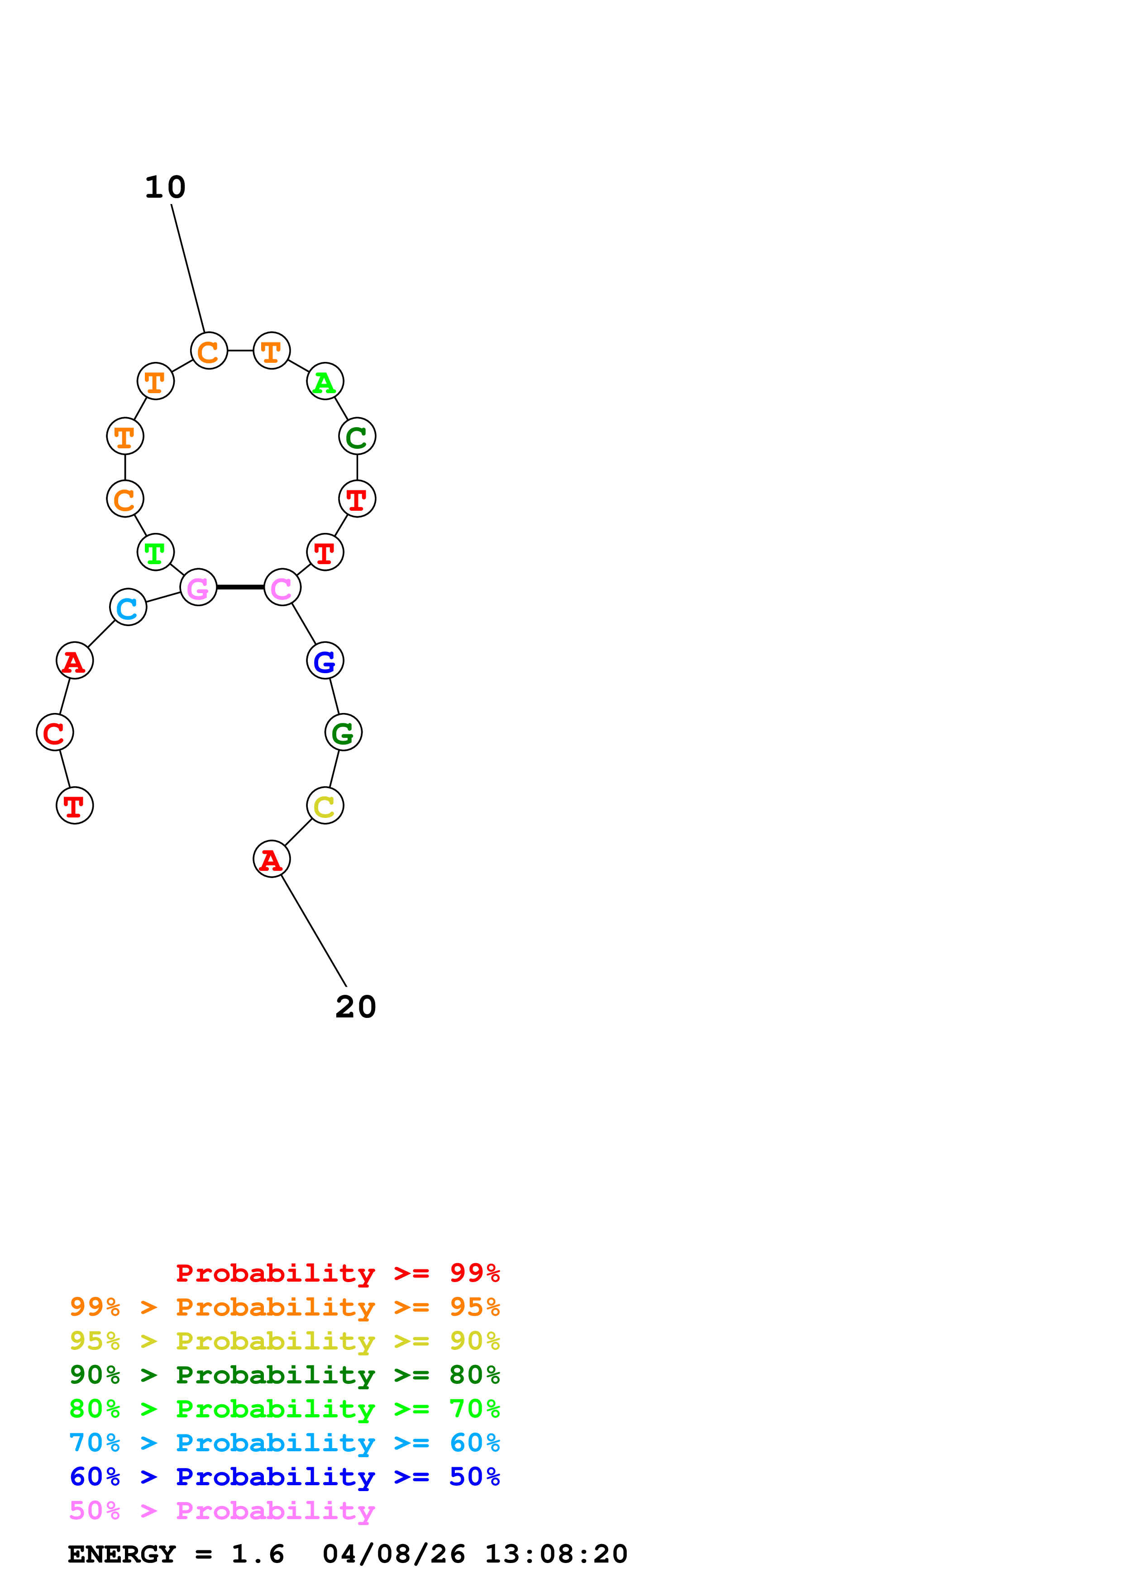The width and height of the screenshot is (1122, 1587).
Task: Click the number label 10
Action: coord(165,187)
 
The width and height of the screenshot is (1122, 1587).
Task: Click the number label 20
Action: coord(356,1007)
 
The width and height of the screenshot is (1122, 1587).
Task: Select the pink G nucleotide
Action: coord(198,588)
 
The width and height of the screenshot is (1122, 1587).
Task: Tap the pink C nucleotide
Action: coord(282,588)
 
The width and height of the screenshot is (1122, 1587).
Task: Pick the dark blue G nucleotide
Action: coord(325,661)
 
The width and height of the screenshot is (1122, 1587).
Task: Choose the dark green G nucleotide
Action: coord(344,733)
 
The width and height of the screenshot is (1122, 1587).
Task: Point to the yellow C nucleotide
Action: coord(325,806)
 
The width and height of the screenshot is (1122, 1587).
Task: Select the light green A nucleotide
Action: coord(325,381)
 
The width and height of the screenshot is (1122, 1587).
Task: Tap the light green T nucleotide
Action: coord(156,553)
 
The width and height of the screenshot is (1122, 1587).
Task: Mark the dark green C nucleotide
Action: coord(358,437)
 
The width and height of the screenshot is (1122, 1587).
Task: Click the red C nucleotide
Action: coord(55,733)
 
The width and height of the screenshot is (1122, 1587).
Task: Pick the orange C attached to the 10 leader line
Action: coord(209,351)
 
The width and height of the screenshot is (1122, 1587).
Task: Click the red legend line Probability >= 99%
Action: coord(338,1273)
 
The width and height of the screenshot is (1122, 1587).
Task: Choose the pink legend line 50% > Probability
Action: coord(222,1511)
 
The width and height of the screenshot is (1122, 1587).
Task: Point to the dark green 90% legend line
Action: coord(285,1375)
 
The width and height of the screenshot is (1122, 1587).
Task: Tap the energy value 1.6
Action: coord(258,1554)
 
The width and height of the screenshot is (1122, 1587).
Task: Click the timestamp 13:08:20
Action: coord(557,1554)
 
